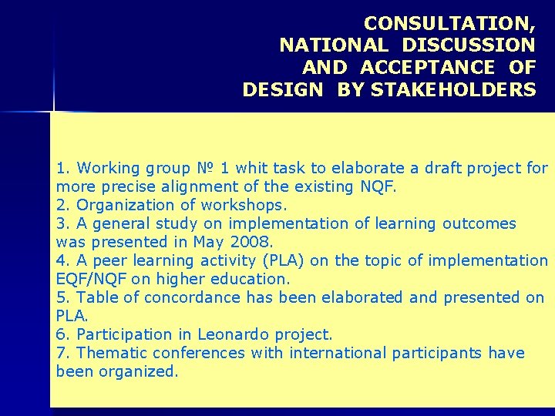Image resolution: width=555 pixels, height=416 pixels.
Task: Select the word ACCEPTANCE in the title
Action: (x=428, y=68)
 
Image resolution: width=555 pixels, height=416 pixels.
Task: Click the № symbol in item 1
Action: (x=203, y=168)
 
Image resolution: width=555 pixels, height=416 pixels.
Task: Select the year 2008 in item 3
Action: (x=252, y=242)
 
